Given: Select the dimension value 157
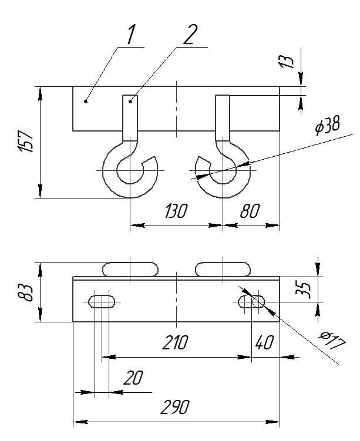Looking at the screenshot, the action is click(x=26, y=142).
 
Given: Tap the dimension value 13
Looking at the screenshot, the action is click(x=286, y=60).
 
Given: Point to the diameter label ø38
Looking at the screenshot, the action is click(x=327, y=126).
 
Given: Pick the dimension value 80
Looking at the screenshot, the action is click(x=250, y=211).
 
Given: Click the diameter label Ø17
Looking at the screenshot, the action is click(x=332, y=341).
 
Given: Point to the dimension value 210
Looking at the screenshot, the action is click(x=175, y=343).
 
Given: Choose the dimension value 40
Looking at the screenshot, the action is click(x=264, y=343).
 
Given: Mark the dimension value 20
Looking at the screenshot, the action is click(x=133, y=378).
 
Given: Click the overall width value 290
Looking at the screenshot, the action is click(x=175, y=407).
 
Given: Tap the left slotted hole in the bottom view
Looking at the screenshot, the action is click(x=102, y=301).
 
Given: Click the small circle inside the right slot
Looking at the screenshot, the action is click(x=258, y=302).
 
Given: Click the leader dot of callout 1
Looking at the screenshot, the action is click(x=86, y=101).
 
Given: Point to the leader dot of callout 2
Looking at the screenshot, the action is click(x=130, y=101).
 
